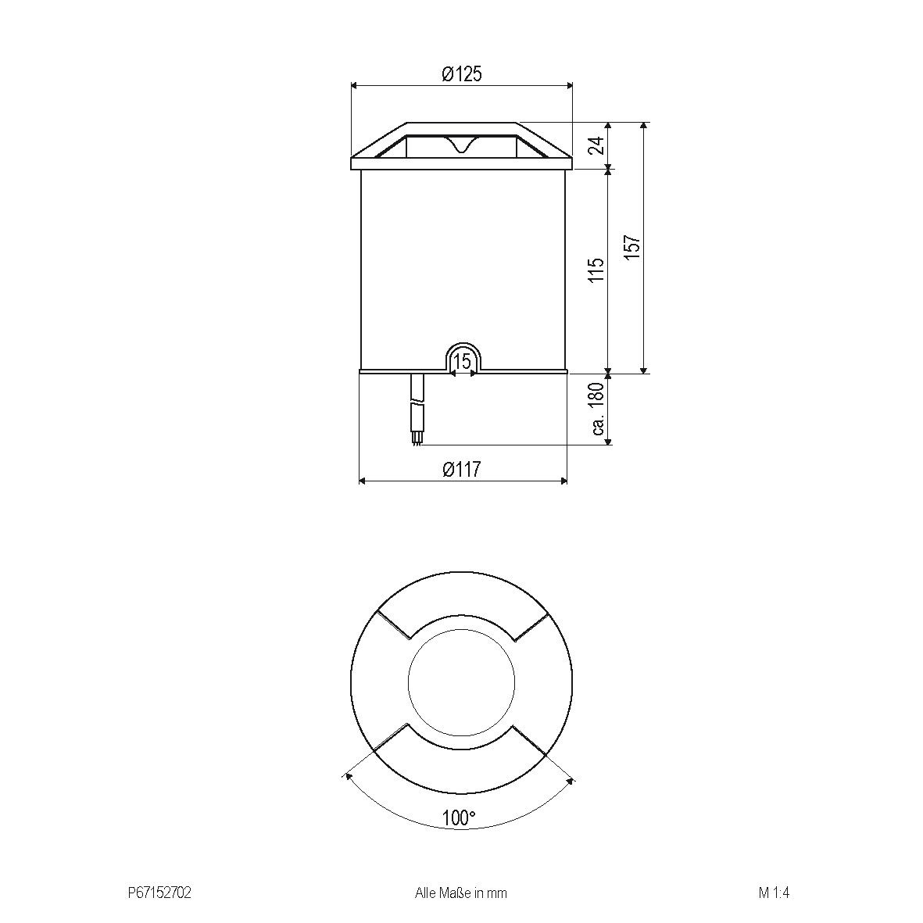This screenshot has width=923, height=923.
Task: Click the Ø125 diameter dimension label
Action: [x=461, y=74]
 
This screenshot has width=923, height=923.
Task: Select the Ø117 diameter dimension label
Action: [x=461, y=470]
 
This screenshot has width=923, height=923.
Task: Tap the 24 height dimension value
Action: [x=597, y=145]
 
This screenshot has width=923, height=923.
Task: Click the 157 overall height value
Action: [x=633, y=248]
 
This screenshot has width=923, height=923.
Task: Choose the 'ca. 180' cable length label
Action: [x=599, y=409]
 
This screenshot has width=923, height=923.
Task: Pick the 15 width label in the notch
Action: [x=462, y=361]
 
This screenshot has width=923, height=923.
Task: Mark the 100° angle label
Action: [x=459, y=818]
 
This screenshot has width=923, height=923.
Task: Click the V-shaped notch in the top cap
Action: [x=462, y=145]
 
